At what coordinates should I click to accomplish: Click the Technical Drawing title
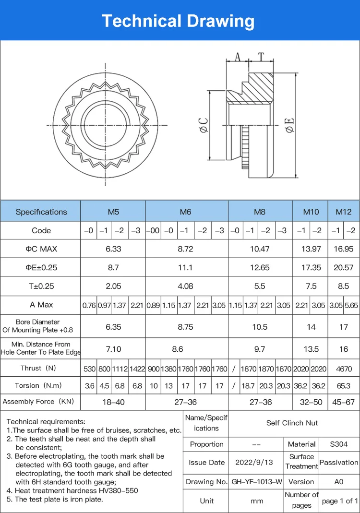(178, 21)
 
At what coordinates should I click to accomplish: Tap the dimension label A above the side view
(237, 57)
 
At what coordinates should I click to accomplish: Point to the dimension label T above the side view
(261, 57)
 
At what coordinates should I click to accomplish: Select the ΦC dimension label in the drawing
(203, 125)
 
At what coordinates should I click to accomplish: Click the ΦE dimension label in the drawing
(289, 125)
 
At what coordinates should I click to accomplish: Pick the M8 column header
(260, 212)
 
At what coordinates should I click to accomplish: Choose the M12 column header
(343, 212)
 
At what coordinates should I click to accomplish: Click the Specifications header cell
(41, 212)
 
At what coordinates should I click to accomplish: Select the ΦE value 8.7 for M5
(113, 267)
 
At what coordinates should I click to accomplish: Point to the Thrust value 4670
(343, 369)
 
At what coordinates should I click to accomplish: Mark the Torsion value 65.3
(343, 385)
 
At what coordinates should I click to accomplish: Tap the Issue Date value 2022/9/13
(254, 462)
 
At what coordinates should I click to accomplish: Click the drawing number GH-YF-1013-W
(257, 481)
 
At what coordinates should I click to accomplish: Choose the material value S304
(339, 444)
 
